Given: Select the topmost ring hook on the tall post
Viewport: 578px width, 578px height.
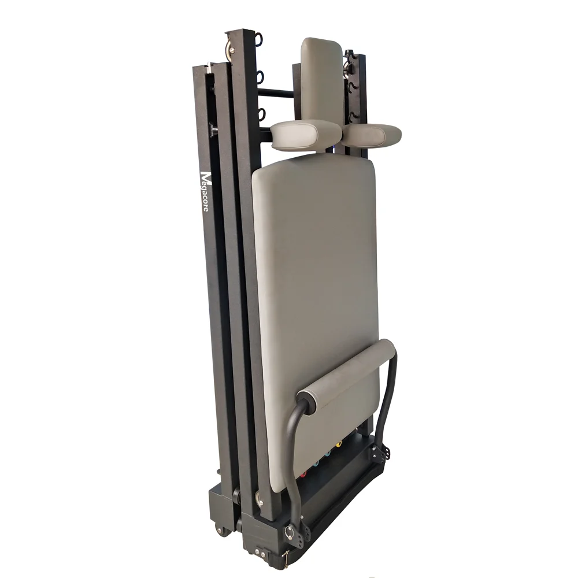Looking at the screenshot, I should click(x=258, y=40).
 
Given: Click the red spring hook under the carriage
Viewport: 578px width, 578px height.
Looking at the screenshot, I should click(x=303, y=474).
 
